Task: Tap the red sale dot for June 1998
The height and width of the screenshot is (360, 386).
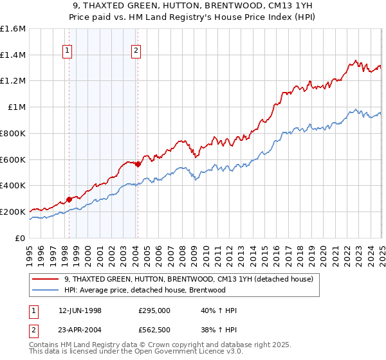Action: pyautogui.click(x=69, y=199)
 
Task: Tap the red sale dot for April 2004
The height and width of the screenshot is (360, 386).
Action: pyautogui.click(x=138, y=164)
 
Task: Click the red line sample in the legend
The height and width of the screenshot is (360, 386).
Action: pyautogui.click(x=45, y=279)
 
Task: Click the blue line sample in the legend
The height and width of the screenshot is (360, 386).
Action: pyautogui.click(x=45, y=290)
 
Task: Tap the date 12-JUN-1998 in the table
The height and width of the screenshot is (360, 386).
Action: pyautogui.click(x=80, y=310)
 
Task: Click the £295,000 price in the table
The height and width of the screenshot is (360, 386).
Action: pyautogui.click(x=154, y=310)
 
